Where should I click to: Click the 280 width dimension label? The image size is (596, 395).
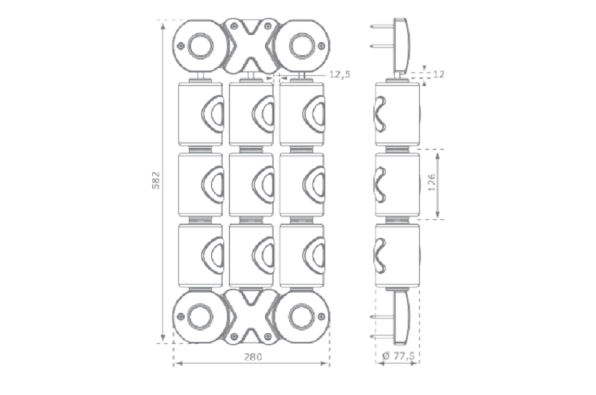coord(251,357)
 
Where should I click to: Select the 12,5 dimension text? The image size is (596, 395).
coord(339,74)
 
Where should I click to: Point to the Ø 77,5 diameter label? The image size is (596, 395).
coord(398,356)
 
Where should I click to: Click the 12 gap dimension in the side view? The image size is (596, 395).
coord(439,74)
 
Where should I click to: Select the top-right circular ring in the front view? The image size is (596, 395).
coord(301,46)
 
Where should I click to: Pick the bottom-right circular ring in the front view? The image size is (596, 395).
coord(301,317)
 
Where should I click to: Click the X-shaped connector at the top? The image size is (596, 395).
coord(250,45)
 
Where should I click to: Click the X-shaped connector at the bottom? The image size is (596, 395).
coord(250,317)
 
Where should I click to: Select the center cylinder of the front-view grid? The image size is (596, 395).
coord(251,185)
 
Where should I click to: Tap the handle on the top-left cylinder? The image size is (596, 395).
coord(213,114)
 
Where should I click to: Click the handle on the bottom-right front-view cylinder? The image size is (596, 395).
coord(315,255)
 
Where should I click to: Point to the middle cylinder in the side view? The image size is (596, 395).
coord(397,185)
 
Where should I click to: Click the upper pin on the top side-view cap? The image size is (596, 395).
coord(382,26)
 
